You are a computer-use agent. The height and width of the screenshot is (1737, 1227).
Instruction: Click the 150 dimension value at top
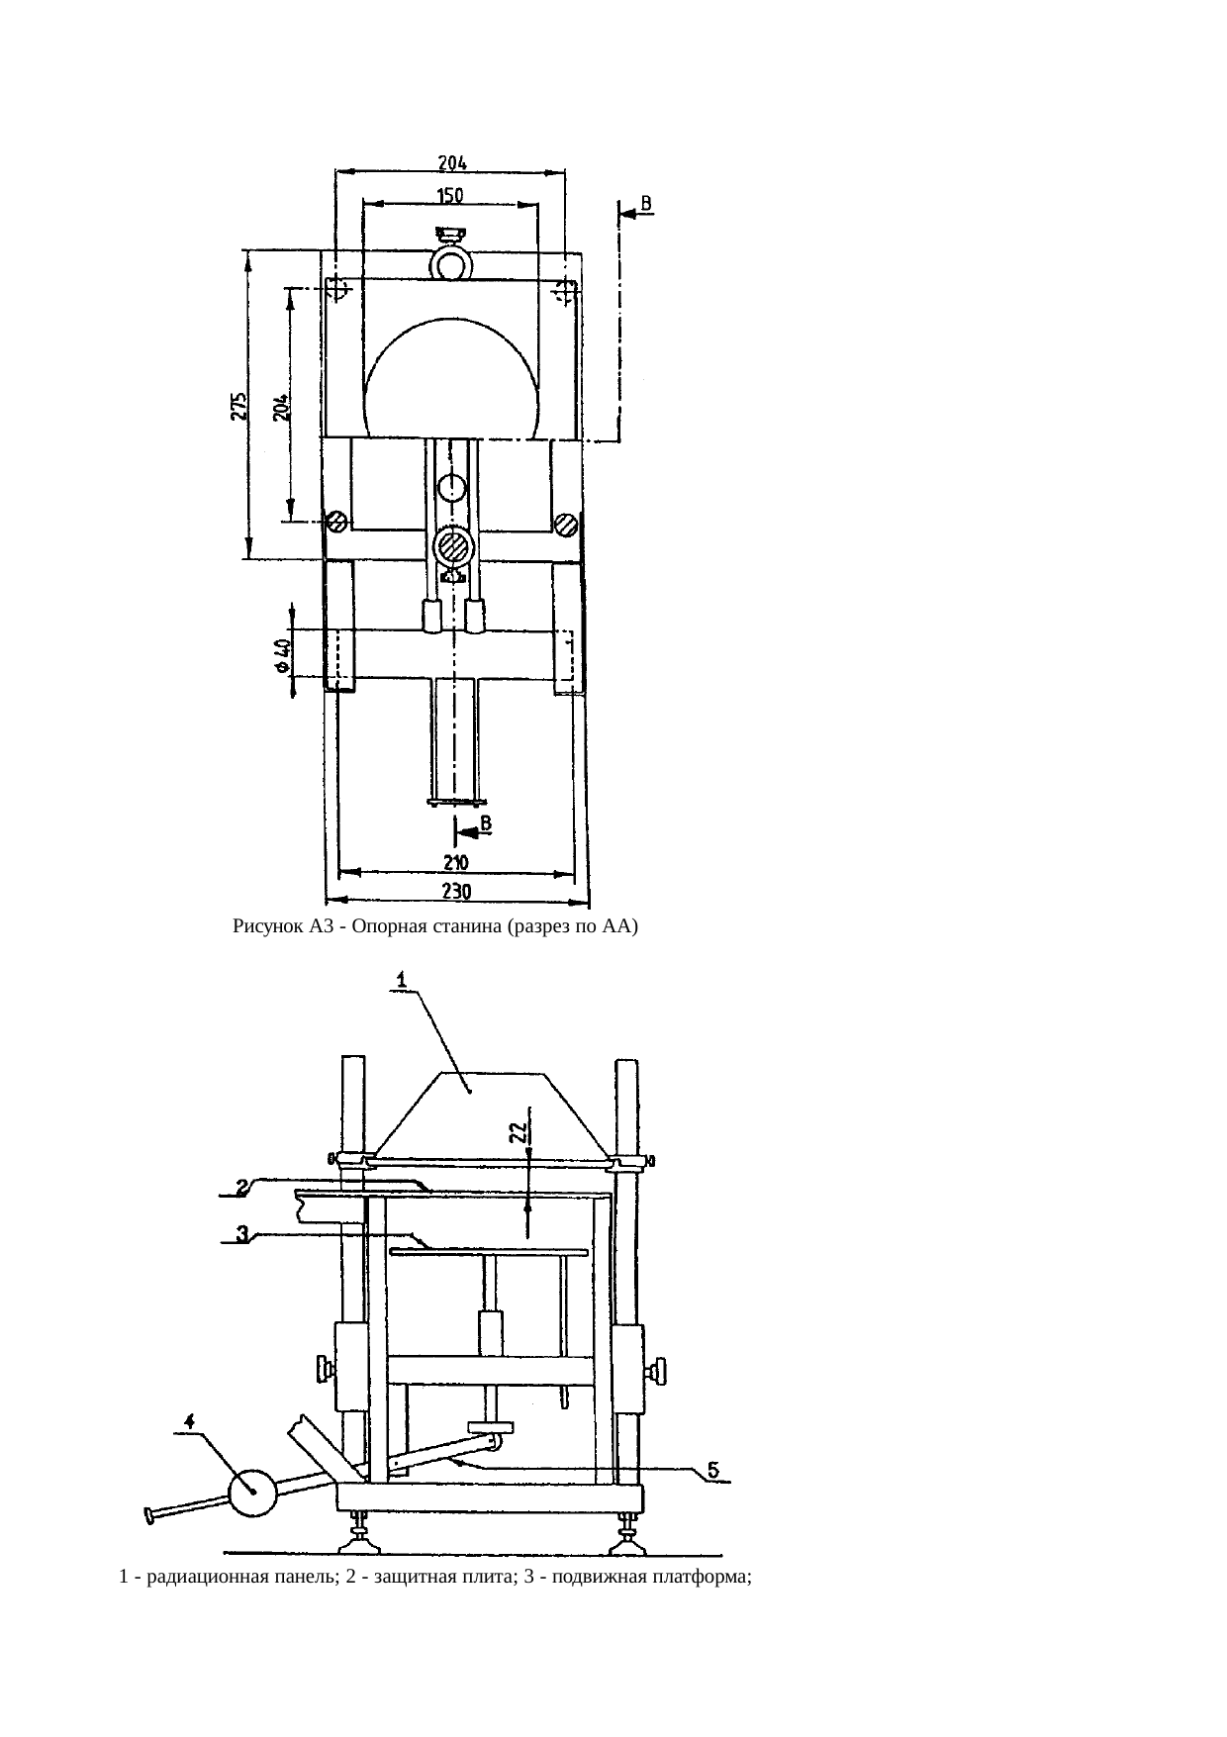click(450, 196)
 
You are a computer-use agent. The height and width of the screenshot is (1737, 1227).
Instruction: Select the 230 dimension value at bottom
click(455, 891)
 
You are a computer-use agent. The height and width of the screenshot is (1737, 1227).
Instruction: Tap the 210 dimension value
click(455, 861)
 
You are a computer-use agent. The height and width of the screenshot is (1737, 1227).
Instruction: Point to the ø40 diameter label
click(282, 655)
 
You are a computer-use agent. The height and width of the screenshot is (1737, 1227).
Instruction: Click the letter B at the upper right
click(647, 203)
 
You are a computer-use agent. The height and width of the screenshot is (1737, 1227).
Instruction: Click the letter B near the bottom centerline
click(487, 822)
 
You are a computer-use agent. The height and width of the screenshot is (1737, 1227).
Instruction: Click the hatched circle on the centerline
click(452, 546)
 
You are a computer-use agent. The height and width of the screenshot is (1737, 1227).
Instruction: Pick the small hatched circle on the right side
click(565, 524)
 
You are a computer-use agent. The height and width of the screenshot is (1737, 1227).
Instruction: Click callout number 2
click(241, 1187)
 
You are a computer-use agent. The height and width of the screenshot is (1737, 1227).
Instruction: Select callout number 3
click(241, 1233)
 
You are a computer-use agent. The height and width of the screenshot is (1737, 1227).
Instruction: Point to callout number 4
click(189, 1420)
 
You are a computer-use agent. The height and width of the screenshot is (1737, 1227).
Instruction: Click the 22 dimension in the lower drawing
click(517, 1133)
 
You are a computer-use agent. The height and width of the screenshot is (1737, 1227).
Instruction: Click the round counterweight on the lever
click(252, 1493)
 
